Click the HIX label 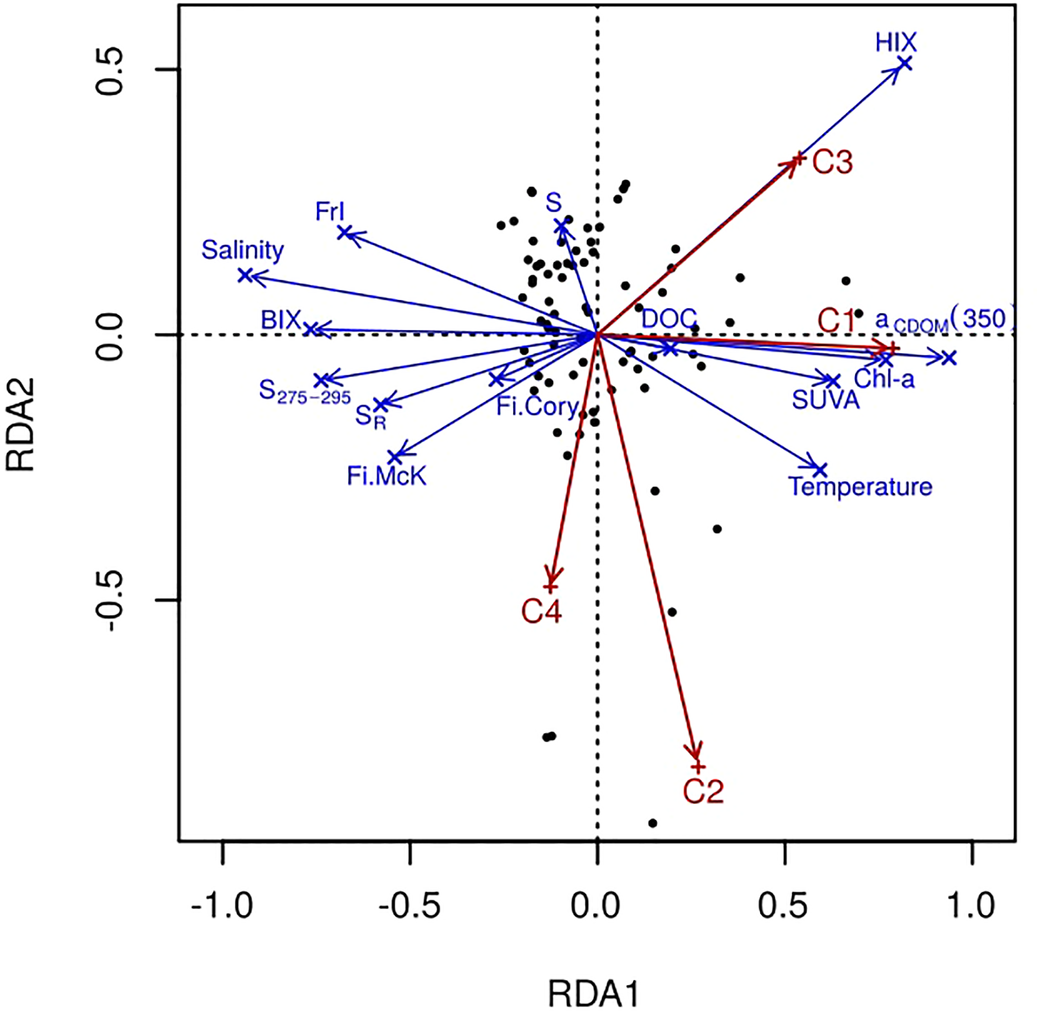tap(896, 42)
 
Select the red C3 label tap(832, 162)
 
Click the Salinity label tap(243, 250)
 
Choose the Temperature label tap(860, 487)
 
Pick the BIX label tap(281, 321)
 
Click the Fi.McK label tap(387, 476)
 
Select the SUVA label tap(825, 399)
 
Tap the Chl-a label tap(884, 379)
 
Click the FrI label tap(330, 212)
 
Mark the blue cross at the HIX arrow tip tap(904, 64)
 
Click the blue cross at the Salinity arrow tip tap(245, 275)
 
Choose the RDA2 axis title tap(22, 424)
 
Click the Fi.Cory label tap(537, 407)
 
